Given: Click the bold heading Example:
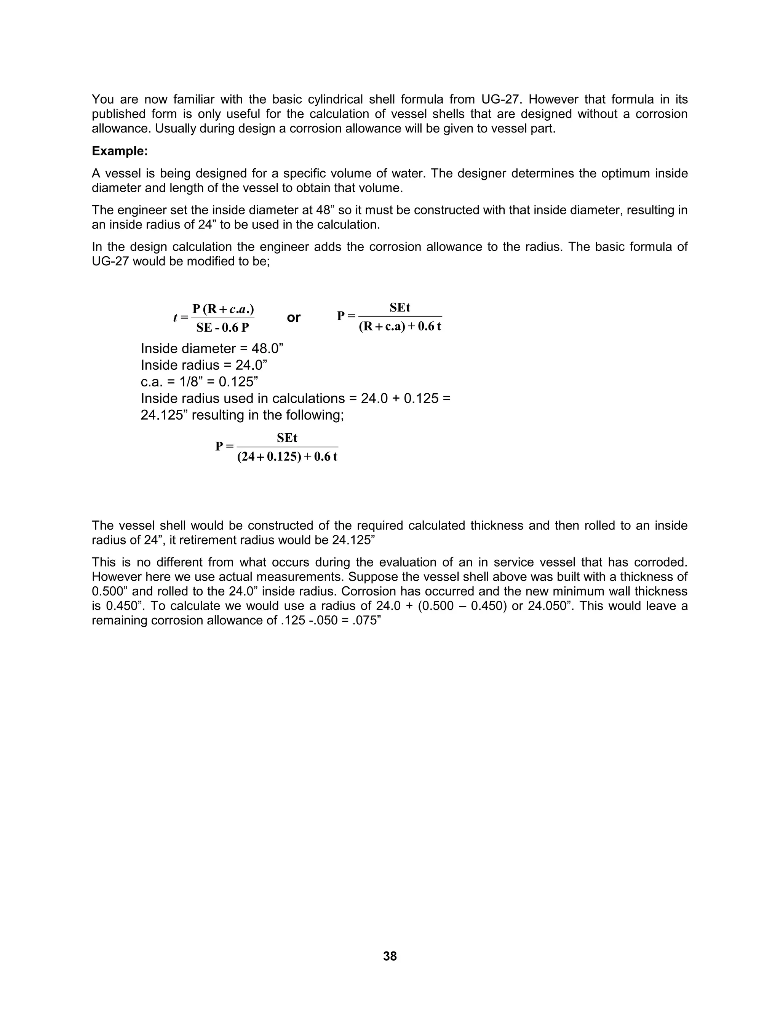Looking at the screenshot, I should coord(120,151).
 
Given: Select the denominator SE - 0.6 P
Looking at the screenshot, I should coord(222,327).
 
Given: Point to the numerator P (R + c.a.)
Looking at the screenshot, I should coord(223,308).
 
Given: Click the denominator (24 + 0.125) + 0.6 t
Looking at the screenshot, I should coord(287,457).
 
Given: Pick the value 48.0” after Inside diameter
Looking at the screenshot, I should coord(267,348).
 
